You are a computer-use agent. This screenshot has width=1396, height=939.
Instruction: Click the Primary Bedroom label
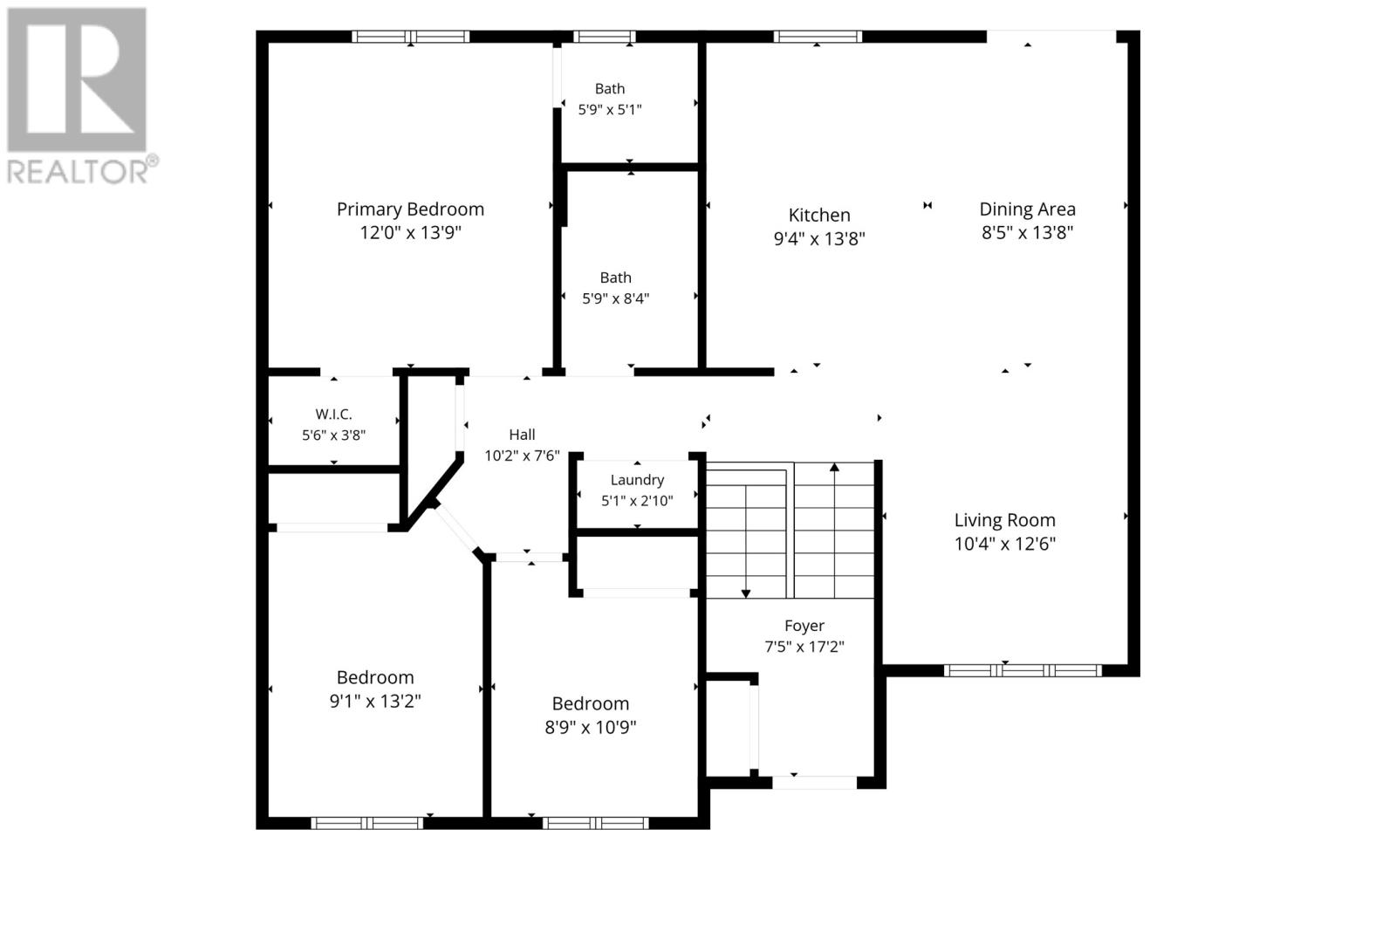pyautogui.click(x=410, y=209)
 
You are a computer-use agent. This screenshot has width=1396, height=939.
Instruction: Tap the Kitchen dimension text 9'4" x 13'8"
pyautogui.click(x=819, y=239)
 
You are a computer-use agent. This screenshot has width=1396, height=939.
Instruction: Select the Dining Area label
pyautogui.click(x=1027, y=209)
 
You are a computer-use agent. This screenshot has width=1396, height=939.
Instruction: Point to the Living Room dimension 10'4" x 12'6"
pyautogui.click(x=1004, y=545)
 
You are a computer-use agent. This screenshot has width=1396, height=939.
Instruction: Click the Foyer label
pyautogui.click(x=804, y=626)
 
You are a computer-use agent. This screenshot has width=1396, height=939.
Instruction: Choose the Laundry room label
pyautogui.click(x=637, y=480)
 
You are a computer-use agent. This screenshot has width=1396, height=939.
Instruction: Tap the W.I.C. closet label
pyautogui.click(x=333, y=414)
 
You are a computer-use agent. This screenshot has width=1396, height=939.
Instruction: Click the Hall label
pyautogui.click(x=522, y=435)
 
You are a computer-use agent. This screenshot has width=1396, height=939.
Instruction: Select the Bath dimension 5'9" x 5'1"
pyautogui.click(x=610, y=110)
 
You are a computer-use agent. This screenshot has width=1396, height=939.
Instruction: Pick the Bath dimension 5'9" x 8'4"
pyautogui.click(x=615, y=298)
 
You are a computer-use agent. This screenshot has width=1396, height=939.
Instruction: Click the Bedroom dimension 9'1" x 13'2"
pyautogui.click(x=375, y=702)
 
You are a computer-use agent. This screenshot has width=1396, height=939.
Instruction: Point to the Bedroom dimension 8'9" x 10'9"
pyautogui.click(x=590, y=728)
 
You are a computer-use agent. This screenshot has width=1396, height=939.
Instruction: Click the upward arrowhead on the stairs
pyautogui.click(x=834, y=467)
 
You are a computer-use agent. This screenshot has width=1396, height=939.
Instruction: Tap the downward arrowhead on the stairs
pyautogui.click(x=746, y=593)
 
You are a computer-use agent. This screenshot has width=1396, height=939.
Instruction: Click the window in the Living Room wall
pyautogui.click(x=1023, y=670)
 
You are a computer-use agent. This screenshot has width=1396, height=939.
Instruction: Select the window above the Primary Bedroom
pyautogui.click(x=411, y=37)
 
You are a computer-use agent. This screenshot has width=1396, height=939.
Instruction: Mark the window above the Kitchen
pyautogui.click(x=818, y=37)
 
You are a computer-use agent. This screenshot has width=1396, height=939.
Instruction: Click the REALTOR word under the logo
pyautogui.click(x=78, y=171)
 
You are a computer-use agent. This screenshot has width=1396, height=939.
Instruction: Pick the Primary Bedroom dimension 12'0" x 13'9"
pyautogui.click(x=410, y=233)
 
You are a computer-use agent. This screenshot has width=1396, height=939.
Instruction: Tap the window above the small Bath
pyautogui.click(x=604, y=37)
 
